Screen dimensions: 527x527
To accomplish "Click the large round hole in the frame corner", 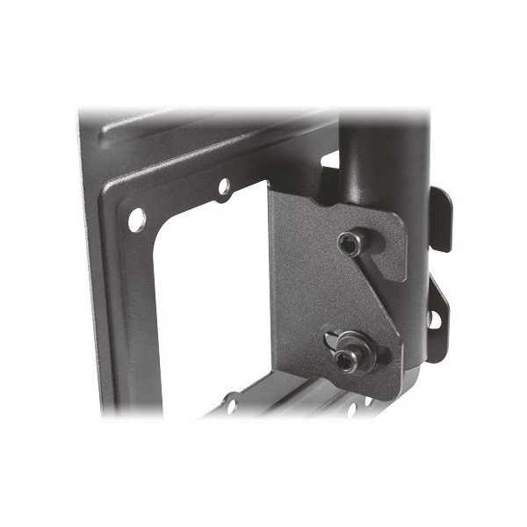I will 137,219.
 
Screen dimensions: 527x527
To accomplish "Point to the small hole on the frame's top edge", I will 223,186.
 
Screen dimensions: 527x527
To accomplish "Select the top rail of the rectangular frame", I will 211,145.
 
